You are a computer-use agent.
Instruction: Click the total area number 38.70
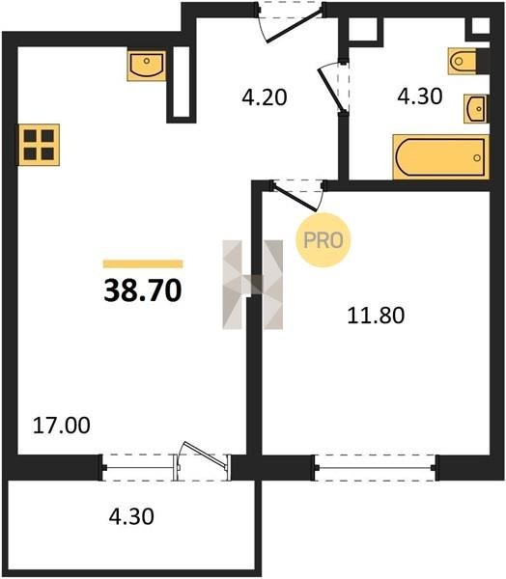tap(143, 290)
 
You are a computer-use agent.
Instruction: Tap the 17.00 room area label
tap(62, 425)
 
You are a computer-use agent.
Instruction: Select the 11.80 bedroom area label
tap(376, 316)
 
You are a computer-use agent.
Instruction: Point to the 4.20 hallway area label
tap(265, 97)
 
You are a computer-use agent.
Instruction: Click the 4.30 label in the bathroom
tap(419, 96)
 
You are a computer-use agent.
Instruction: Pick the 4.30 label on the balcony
tap(131, 516)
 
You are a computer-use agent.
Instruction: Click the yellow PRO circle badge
tap(323, 240)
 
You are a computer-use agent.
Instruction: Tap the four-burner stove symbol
tap(39, 145)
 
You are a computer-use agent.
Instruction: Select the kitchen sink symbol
tap(147, 66)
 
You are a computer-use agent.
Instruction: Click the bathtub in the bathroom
tap(441, 157)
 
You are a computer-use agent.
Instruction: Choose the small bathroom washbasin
tap(476, 108)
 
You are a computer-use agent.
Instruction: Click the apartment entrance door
tap(292, 23)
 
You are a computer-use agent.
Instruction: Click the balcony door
tap(202, 461)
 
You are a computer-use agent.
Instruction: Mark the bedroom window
tap(376, 467)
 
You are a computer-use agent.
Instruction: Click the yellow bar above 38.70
tap(143, 263)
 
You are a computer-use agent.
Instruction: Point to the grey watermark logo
tap(252, 285)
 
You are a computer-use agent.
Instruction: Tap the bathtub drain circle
tap(477, 157)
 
